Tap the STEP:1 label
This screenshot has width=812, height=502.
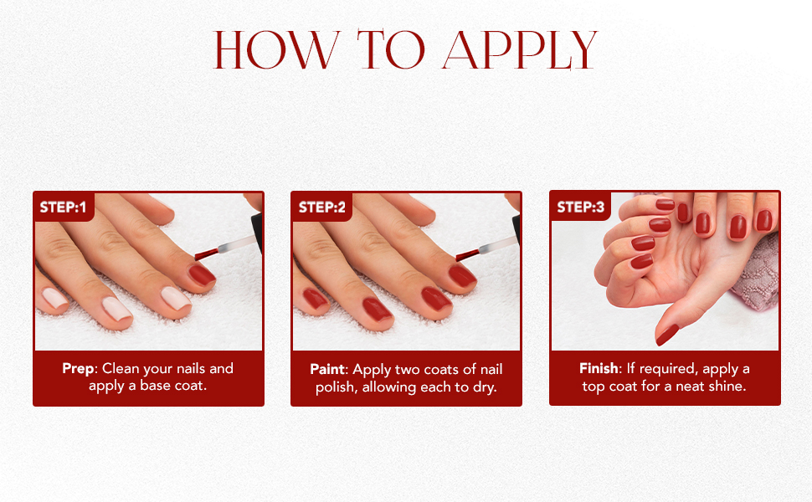(x=64, y=207)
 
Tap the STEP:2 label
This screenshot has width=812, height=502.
(x=321, y=207)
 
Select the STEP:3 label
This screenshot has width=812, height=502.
(x=580, y=207)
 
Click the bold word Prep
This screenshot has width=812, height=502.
(x=80, y=369)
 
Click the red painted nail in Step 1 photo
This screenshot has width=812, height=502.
(x=202, y=274)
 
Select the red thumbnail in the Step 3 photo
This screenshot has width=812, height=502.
(x=667, y=336)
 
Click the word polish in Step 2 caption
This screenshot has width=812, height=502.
(x=335, y=387)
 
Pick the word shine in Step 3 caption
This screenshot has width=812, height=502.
(x=726, y=387)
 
